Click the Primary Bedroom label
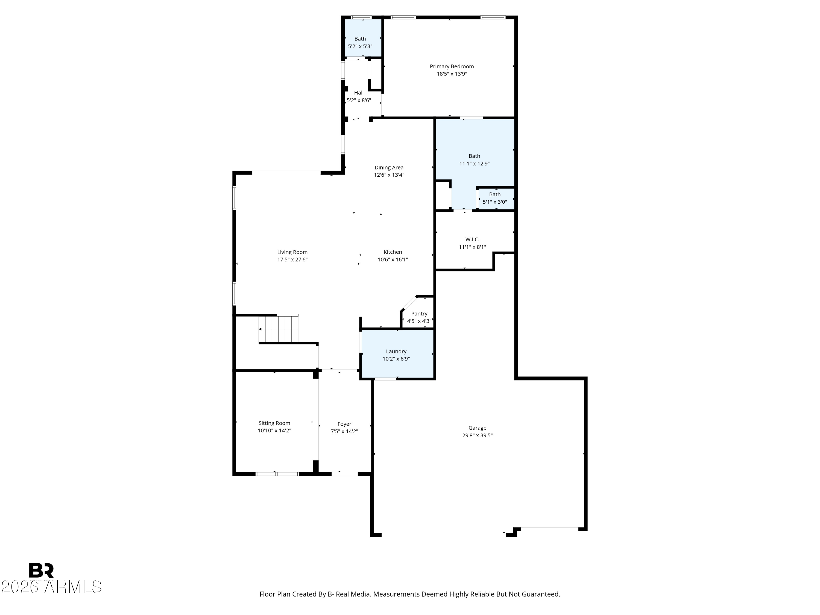(x=452, y=66)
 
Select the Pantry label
(x=419, y=314)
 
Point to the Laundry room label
(x=396, y=352)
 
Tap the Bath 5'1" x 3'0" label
(x=494, y=195)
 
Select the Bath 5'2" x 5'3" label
(x=360, y=39)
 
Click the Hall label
(x=358, y=93)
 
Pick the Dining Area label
(x=389, y=168)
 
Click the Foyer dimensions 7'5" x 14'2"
(x=344, y=432)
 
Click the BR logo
(x=41, y=570)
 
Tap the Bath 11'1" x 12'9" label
(x=474, y=156)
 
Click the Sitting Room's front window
(x=277, y=474)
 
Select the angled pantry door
(x=409, y=303)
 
